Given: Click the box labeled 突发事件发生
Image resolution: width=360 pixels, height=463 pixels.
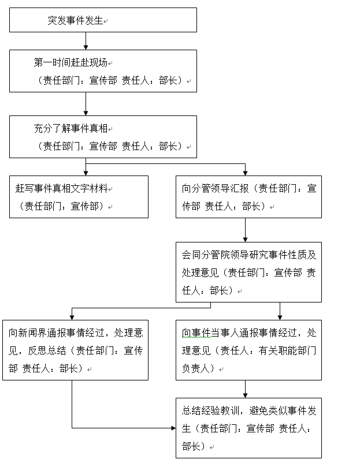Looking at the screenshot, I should pyautogui.click(x=103, y=20).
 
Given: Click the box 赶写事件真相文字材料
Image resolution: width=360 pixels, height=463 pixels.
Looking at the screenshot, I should pyautogui.click(x=79, y=197).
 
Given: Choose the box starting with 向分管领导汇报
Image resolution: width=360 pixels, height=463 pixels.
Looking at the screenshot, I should pyautogui.click(x=248, y=197).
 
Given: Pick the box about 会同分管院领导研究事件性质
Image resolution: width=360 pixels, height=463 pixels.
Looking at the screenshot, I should pyautogui.click(x=248, y=272).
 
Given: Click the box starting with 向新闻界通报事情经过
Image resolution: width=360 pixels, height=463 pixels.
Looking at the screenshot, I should pyautogui.click(x=75, y=350).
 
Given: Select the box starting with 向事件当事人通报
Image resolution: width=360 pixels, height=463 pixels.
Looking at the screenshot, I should pyautogui.click(x=248, y=350).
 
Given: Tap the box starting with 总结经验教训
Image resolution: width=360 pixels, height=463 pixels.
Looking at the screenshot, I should pyautogui.click(x=248, y=428).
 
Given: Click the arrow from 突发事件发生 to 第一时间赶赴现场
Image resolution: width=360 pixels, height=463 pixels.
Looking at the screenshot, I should pyautogui.click(x=86, y=40).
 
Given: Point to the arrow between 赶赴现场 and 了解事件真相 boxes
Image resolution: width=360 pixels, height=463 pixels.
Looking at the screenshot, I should pyautogui.click(x=86, y=104).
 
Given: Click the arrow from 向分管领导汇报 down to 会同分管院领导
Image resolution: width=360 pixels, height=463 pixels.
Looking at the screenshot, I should pyautogui.click(x=246, y=230).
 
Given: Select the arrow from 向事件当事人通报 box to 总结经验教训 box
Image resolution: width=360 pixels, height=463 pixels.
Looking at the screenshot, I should pyautogui.click(x=246, y=389).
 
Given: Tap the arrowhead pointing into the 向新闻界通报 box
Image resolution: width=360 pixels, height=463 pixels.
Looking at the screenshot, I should pyautogui.click(x=72, y=316).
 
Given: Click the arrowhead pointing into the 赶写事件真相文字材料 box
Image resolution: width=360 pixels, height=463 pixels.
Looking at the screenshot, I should pyautogui.click(x=86, y=172).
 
